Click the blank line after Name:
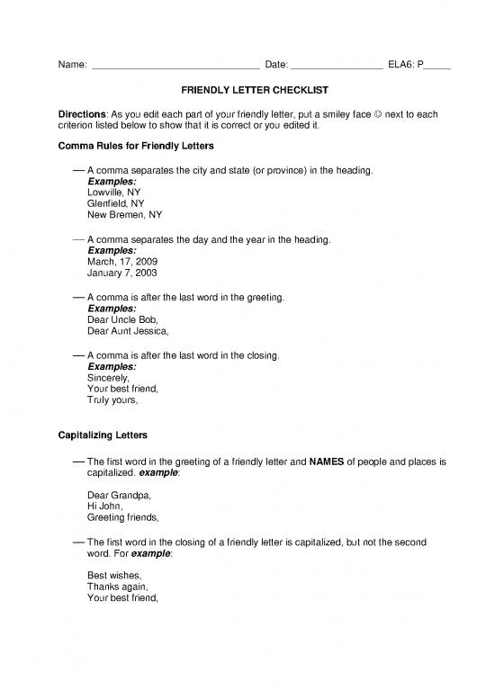click(175, 66)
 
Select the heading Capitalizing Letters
click(103, 436)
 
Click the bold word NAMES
click(328, 462)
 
